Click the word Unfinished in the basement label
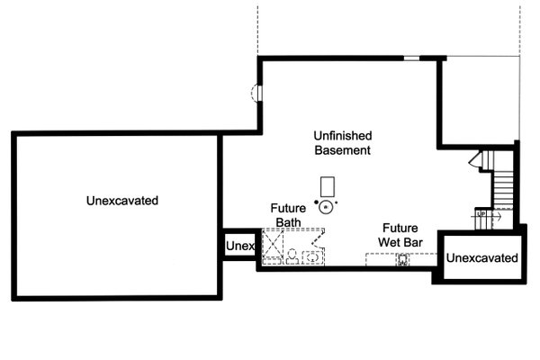coord(343,135)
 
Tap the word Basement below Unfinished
coord(343,150)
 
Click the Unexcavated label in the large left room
coord(122,201)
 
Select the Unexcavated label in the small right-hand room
coord(482,257)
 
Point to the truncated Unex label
coord(240,246)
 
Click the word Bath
coord(288,222)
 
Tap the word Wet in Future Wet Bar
coord(391,242)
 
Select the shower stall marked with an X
coord(273,244)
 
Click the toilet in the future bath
coord(292,256)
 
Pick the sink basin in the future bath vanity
coord(312,257)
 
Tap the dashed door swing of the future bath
coord(319,238)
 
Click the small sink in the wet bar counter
coord(402,260)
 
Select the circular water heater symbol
coord(326,207)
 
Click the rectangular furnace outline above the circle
coord(328,186)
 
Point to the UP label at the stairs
coord(481,214)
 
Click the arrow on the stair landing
coord(497,217)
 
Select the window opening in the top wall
coord(411,58)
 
